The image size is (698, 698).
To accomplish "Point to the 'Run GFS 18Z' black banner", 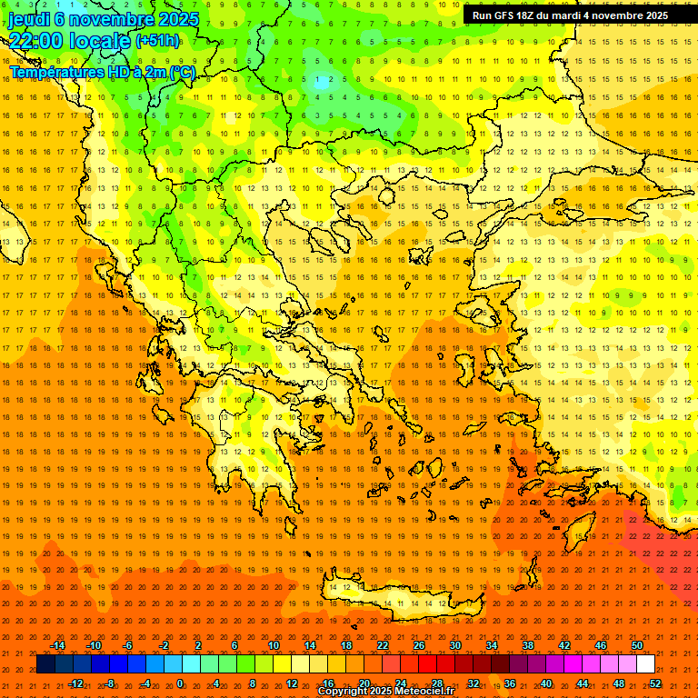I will [570, 15].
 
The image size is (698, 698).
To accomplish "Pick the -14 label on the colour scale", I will [58, 645].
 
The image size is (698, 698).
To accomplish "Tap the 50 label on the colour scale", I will [637, 645].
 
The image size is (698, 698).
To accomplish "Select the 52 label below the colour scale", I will [655, 683].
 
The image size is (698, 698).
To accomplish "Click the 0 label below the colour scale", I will [180, 683].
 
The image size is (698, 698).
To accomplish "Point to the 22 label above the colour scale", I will [383, 645].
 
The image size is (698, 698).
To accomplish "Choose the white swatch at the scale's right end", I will [645, 664].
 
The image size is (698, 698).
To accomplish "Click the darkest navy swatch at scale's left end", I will [45, 664].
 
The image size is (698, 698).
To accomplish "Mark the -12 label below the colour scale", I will [75, 683].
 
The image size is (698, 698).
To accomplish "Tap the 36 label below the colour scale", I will [510, 683].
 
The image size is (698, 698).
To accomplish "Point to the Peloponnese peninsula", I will [250, 445].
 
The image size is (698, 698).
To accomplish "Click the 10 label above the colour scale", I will [274, 645].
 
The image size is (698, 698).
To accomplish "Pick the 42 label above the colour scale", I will [564, 645].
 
